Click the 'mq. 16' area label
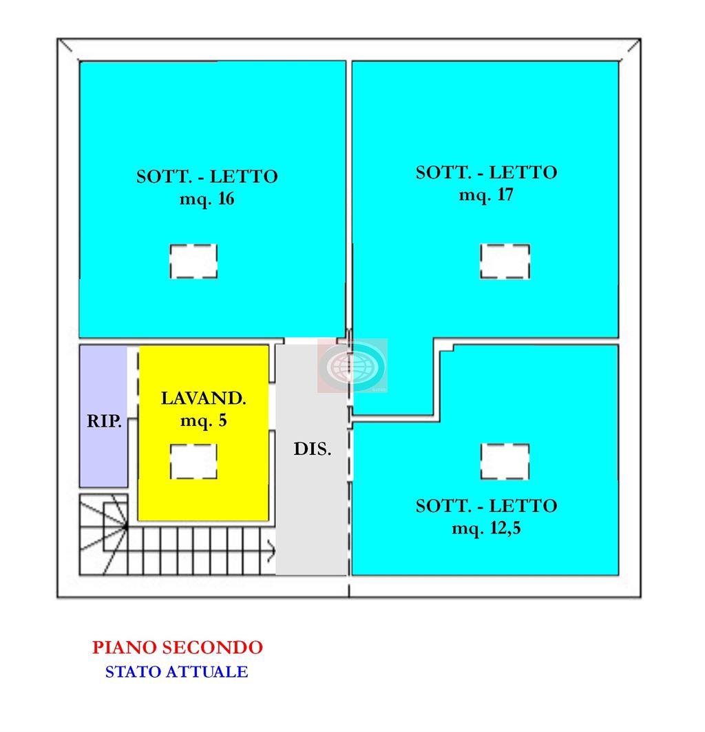pyautogui.click(x=207, y=199)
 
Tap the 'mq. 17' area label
pyautogui.click(x=486, y=194)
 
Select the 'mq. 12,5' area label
pyautogui.click(x=486, y=529)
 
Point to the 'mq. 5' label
pyautogui.click(x=204, y=420)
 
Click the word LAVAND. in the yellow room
pyautogui.click(x=204, y=398)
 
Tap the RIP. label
pyautogui.click(x=105, y=421)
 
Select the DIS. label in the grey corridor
pyautogui.click(x=313, y=449)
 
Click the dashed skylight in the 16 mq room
pyautogui.click(x=193, y=261)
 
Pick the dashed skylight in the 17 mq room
pyautogui.click(x=505, y=261)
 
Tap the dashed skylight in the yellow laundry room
pyautogui.click(x=193, y=461)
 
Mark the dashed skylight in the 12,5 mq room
pyautogui.click(x=505, y=461)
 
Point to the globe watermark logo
pyautogui.click(x=352, y=365)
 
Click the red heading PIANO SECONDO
pyautogui.click(x=178, y=647)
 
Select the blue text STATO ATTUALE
pyautogui.click(x=176, y=671)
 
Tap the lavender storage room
pyautogui.click(x=103, y=416)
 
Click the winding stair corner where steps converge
pyautogui.click(x=126, y=527)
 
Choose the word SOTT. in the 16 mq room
pyautogui.click(x=164, y=176)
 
